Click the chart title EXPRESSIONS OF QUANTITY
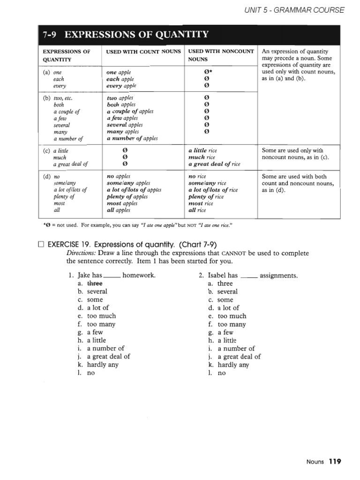tap(137, 34)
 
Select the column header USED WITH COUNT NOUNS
tap(143, 51)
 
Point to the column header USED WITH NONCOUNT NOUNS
tap(221, 55)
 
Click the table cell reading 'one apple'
tap(119, 73)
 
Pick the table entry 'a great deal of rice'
tap(214, 164)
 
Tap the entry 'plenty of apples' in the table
tap(127, 197)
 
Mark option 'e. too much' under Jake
tap(97, 316)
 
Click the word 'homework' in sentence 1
tap(139, 276)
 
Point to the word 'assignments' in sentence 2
tap(278, 276)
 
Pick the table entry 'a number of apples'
tap(133, 138)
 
